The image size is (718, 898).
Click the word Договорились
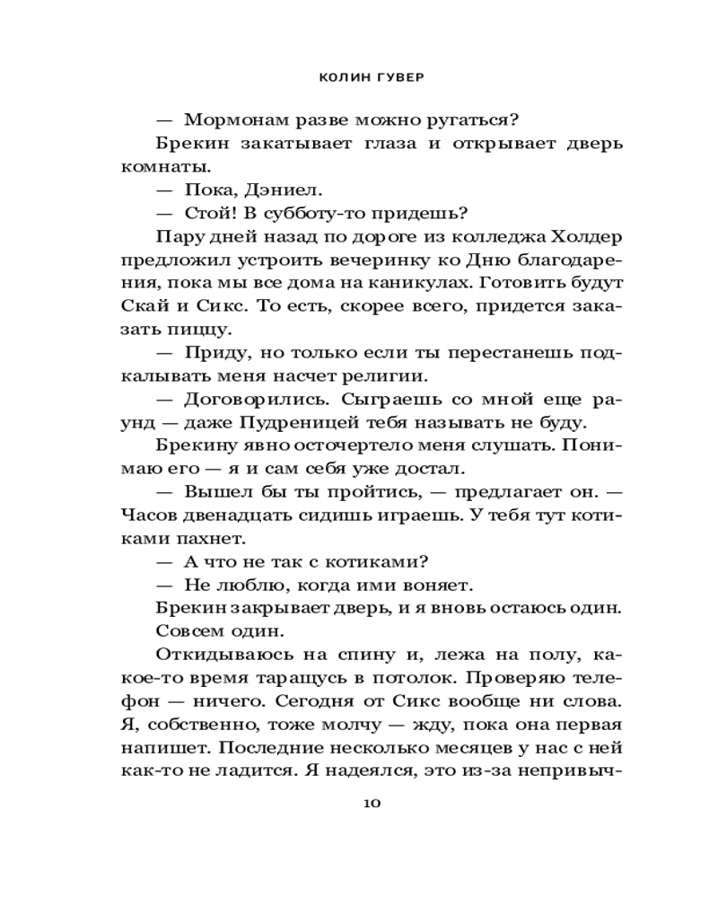point(245,399)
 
